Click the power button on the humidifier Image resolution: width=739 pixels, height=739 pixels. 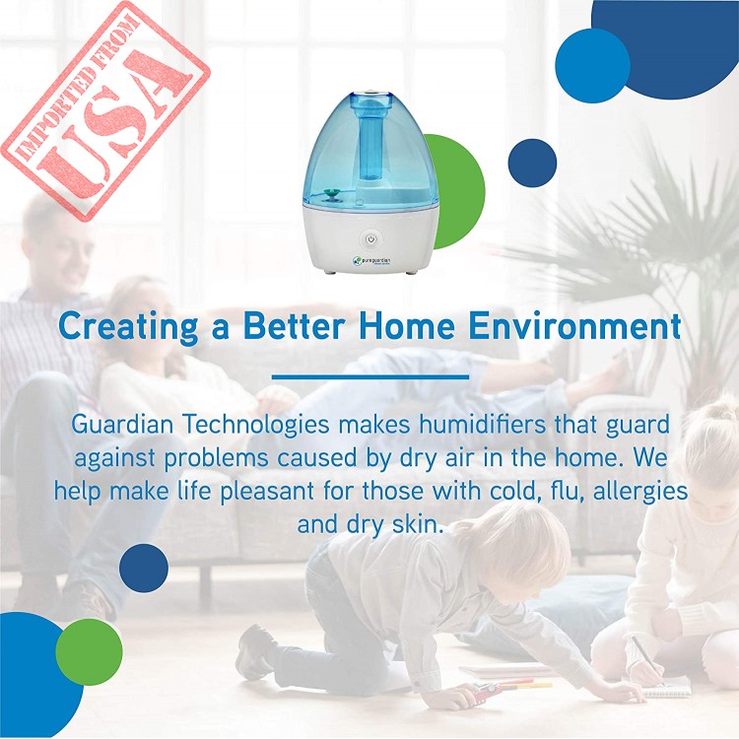[370, 239]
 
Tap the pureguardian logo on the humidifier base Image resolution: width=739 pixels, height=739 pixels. [372, 260]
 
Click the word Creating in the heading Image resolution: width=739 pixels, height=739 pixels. [129, 326]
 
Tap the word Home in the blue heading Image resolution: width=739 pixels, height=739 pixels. [407, 325]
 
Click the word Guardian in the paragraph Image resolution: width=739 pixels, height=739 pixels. [122, 424]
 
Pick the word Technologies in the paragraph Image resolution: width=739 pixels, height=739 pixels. [256, 426]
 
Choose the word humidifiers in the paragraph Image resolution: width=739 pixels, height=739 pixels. [482, 424]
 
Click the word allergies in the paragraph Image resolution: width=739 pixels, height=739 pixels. [639, 493]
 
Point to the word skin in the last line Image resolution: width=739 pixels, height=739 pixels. [418, 524]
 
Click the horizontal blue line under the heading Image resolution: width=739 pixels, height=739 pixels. [370, 377]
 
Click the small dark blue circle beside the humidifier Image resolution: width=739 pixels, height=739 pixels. [532, 163]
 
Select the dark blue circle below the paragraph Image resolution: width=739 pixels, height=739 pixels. [144, 568]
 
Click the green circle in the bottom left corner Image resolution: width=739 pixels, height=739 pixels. [89, 652]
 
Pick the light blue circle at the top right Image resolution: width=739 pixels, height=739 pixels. [592, 66]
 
